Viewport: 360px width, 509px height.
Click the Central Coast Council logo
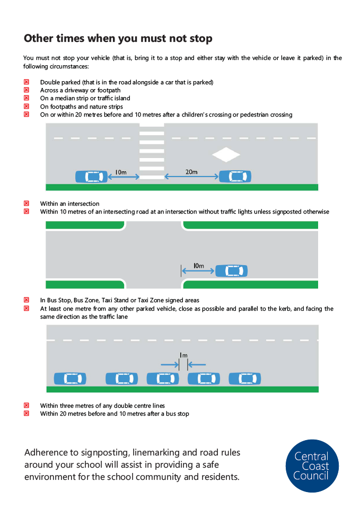click(x=312, y=466)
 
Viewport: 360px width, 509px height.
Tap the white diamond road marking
click(x=226, y=155)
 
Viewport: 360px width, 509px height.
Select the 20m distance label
click(x=191, y=172)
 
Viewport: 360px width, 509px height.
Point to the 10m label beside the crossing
click(x=120, y=172)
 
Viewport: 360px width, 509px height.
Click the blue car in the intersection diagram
click(x=231, y=271)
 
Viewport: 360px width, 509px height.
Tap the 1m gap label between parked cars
click(x=183, y=355)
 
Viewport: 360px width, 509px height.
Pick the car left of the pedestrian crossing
click(x=91, y=177)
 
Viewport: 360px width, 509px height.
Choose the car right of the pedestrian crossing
click(x=235, y=177)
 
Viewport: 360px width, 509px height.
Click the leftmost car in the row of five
click(x=70, y=379)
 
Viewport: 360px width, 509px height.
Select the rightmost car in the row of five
click(x=245, y=379)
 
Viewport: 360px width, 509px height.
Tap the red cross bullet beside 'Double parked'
click(x=26, y=82)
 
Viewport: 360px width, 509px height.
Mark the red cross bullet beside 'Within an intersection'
click(x=26, y=204)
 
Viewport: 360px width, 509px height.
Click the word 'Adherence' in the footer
click(x=51, y=453)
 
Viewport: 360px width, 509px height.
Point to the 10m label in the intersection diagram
click(x=199, y=265)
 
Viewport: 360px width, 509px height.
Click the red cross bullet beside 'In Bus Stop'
click(x=26, y=300)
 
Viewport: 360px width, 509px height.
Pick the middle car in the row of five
click(x=163, y=379)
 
